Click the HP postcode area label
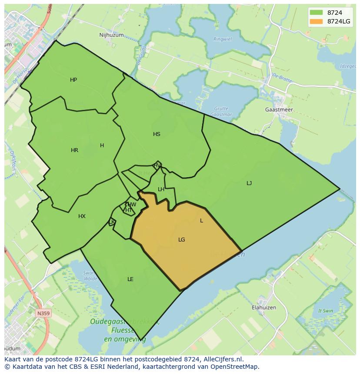[73, 80]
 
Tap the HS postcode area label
[157, 134]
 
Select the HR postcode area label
[74, 150]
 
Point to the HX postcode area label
[82, 216]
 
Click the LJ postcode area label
[249, 183]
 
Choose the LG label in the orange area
[182, 240]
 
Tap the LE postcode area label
[130, 279]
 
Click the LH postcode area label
[161, 189]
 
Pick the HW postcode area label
[132, 205]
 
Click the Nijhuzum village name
[111, 35]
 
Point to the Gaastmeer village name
[279, 110]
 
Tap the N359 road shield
[43, 313]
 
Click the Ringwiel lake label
[223, 39]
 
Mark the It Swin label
[325, 311]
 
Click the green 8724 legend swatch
[316, 13]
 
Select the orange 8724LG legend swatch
[316, 21]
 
